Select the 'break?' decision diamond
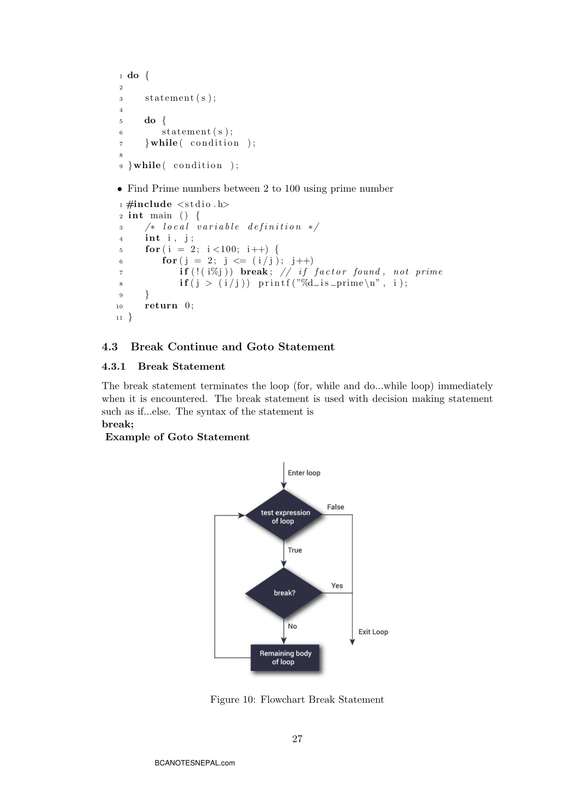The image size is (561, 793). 284,593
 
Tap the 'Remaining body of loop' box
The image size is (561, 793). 285,657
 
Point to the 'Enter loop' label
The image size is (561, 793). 304,473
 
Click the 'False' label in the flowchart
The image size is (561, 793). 335,507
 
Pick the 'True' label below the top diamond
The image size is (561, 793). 295,550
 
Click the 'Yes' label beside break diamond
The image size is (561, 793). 337,585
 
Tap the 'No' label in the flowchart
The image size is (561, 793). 292,627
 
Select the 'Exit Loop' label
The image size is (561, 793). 373,632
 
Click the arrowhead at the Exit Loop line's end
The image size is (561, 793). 352,642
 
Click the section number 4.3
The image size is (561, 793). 110,347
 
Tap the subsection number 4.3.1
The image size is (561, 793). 113,366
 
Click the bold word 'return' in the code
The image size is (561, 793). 161,306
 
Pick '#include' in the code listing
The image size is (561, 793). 149,204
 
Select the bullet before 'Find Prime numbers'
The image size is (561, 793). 120,189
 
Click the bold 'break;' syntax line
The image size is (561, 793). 118,424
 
